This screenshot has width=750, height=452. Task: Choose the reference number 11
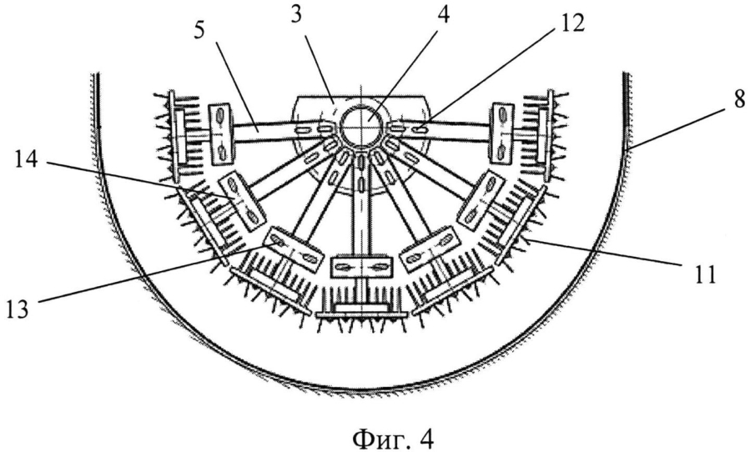[x=702, y=275]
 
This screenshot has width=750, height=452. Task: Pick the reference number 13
[x=18, y=309]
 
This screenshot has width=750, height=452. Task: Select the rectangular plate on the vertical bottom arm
[x=362, y=266]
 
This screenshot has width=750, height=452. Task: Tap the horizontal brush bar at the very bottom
[x=362, y=314]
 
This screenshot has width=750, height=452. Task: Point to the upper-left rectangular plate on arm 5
[x=221, y=135]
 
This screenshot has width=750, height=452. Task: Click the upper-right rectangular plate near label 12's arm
[x=502, y=134]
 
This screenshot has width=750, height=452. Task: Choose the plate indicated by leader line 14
[x=243, y=201]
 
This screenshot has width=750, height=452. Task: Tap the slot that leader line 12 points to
[x=420, y=128]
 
